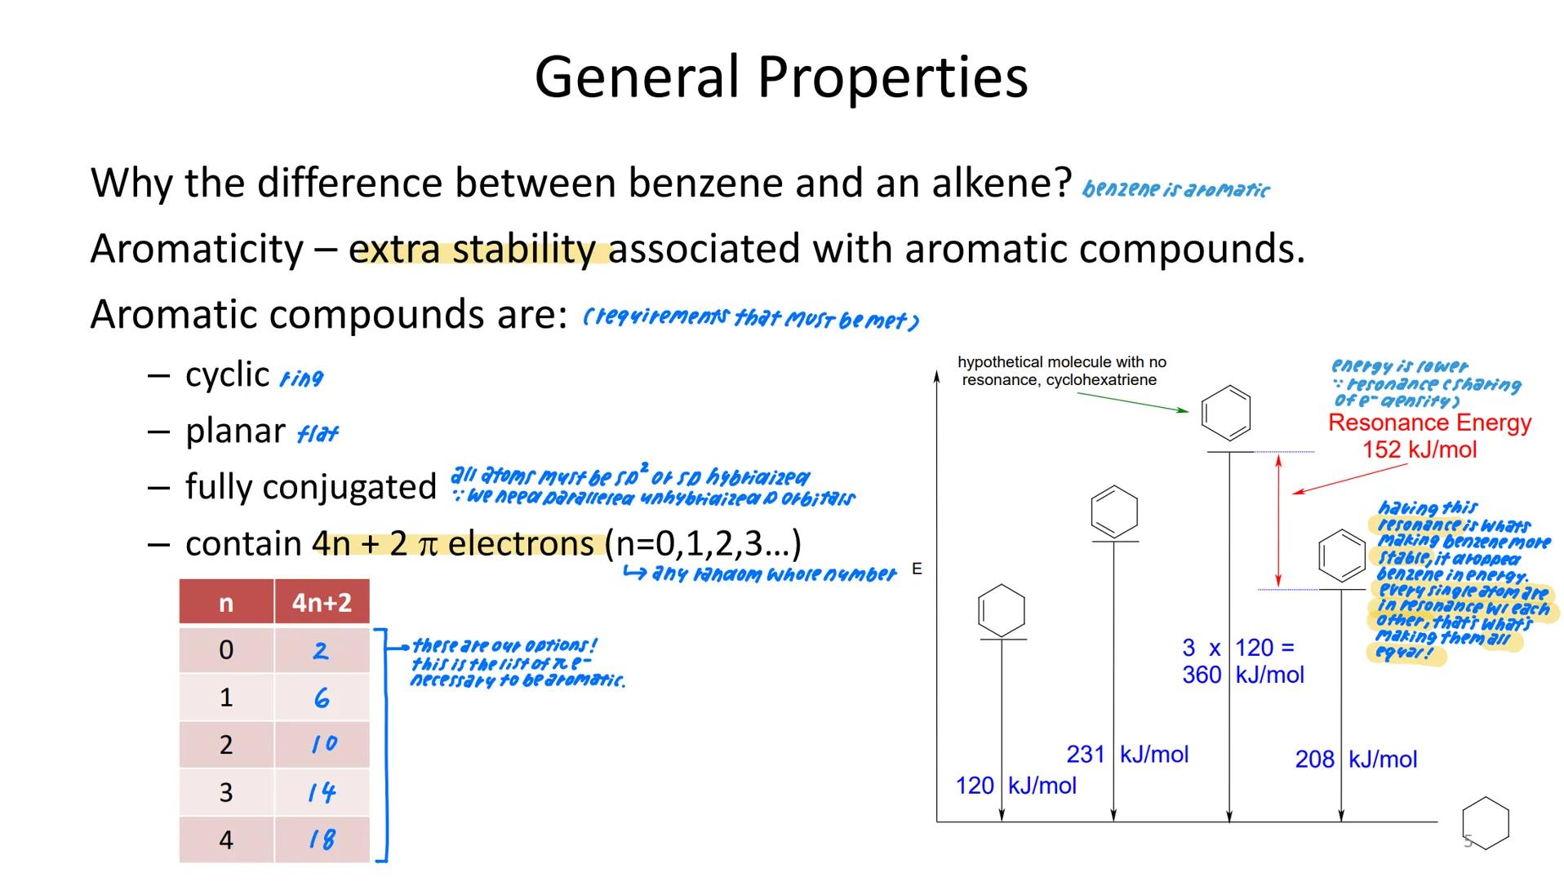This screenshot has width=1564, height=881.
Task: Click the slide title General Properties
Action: pos(780,77)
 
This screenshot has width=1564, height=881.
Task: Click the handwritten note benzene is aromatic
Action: pos(1175,189)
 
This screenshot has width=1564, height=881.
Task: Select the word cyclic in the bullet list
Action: pos(227,375)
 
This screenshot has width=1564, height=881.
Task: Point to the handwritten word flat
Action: pos(318,433)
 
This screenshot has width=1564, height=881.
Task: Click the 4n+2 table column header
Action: pos(322,603)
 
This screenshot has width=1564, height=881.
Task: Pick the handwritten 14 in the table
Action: pos(322,791)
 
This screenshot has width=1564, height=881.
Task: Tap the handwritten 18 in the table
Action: pos(322,839)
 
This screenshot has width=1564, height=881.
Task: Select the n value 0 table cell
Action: pos(226,650)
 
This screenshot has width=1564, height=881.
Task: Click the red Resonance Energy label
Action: pos(1429,423)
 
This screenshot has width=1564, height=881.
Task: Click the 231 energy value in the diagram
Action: pos(1085,755)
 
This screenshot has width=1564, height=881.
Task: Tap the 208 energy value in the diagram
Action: pos(1314,759)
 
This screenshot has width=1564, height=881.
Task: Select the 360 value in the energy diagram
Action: pos(1202,675)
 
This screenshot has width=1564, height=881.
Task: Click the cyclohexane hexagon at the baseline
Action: pos(1485,822)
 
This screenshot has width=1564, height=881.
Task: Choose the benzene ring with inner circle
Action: pos(1341,556)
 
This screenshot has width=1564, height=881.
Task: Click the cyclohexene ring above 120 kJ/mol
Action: pos(1002,610)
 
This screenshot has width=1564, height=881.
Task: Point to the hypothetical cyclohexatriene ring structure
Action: pos(1226,413)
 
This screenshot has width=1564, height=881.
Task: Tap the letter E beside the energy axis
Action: pos(917,569)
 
